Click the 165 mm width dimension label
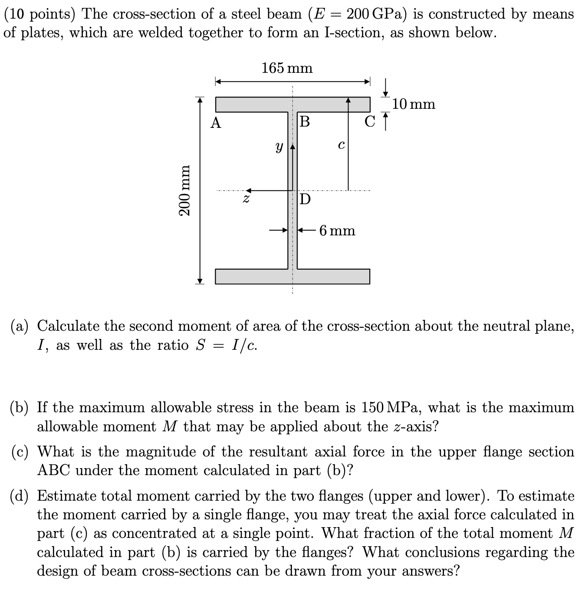[x=287, y=68]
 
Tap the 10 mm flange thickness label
[x=413, y=104]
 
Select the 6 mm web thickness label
[x=337, y=230]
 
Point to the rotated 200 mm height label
[x=185, y=190]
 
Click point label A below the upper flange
[x=216, y=124]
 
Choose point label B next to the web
[x=305, y=122]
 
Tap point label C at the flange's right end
[x=370, y=122]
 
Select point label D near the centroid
[x=306, y=199]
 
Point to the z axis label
[x=246, y=199]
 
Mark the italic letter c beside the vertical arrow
[x=341, y=145]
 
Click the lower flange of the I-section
[x=292, y=277]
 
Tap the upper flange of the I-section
[x=292, y=104]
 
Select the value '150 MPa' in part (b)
[x=392, y=407]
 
